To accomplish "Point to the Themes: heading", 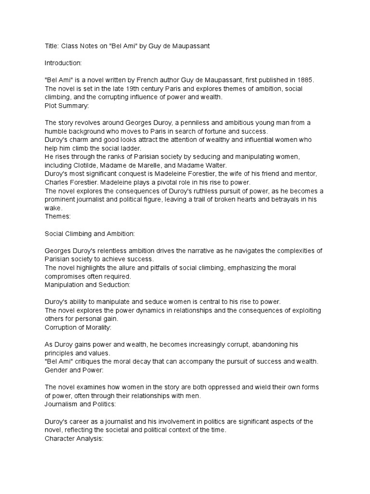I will tap(58, 217).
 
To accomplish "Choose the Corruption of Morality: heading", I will tap(78, 328).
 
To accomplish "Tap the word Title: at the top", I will tap(52, 45).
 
